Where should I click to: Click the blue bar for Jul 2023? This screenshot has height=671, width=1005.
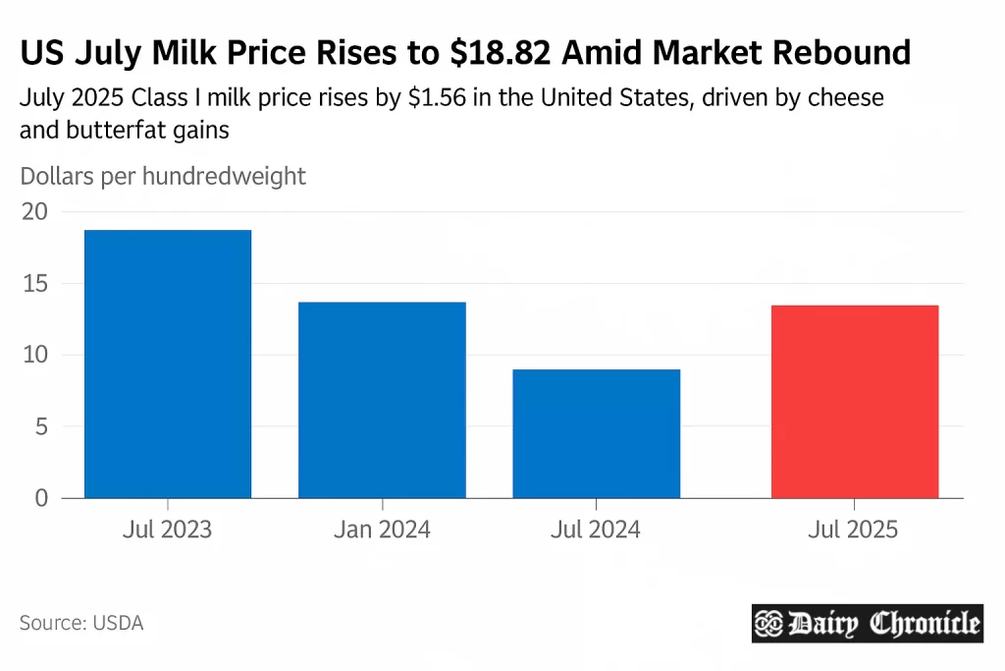click(x=168, y=363)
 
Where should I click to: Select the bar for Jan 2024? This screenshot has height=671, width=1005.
click(x=382, y=400)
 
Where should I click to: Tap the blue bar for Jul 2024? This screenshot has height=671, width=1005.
click(x=596, y=433)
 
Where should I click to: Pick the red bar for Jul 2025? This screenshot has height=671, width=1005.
click(x=855, y=401)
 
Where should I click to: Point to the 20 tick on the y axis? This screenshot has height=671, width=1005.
click(x=34, y=211)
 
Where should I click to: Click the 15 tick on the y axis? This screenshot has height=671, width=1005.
click(x=34, y=284)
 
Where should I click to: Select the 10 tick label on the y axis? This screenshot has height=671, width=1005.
click(x=34, y=355)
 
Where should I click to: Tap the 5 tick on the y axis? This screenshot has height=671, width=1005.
click(x=41, y=426)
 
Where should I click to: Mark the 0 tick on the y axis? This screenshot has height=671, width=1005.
click(x=41, y=498)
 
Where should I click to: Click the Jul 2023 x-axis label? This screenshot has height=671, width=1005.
click(x=168, y=531)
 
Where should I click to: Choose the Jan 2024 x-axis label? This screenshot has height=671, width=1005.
click(x=382, y=531)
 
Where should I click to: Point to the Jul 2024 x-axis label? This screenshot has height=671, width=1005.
click(x=596, y=531)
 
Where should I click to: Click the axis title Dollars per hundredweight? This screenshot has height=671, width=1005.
click(x=163, y=177)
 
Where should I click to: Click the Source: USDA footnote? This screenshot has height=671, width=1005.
click(x=81, y=623)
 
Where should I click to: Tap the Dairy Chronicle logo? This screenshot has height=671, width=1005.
click(x=867, y=623)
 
